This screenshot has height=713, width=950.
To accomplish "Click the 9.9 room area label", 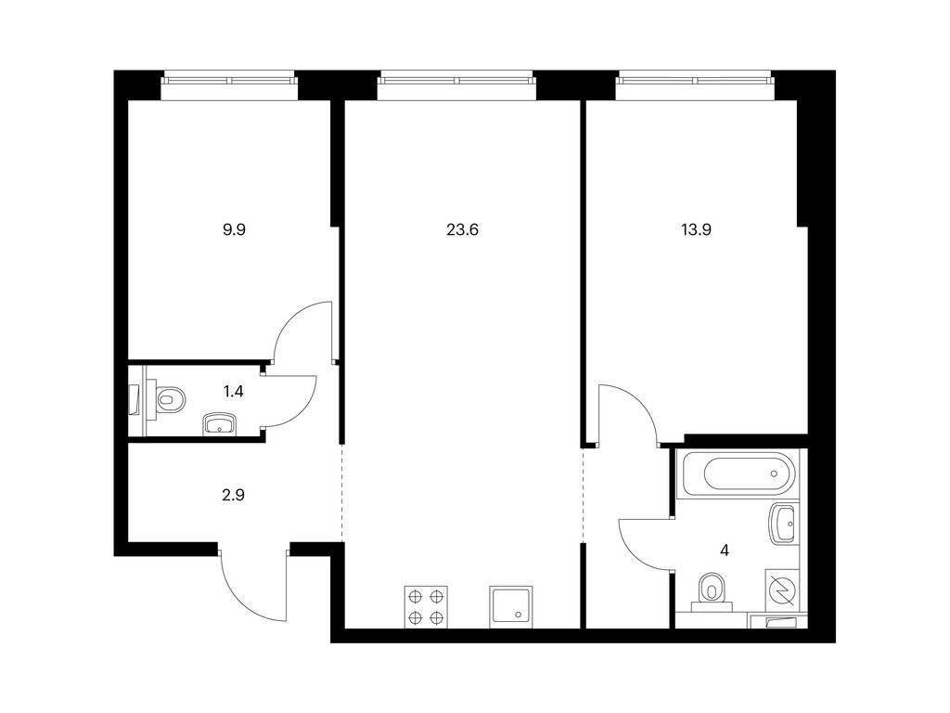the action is tap(234, 230).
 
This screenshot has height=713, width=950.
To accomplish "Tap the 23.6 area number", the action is tap(462, 230).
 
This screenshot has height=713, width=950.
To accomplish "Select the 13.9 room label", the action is tap(696, 230).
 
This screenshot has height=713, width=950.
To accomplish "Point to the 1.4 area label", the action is tap(233, 392).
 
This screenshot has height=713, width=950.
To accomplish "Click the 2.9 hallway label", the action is tap(233, 496).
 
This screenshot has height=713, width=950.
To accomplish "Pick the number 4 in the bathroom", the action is tap(724, 551).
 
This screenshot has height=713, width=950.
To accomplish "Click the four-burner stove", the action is tap(426, 607).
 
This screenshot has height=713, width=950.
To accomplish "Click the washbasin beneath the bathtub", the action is tap(782, 523).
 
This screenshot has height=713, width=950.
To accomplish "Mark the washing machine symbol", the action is tap(782, 588).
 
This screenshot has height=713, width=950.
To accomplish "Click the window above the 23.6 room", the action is tap(457, 80).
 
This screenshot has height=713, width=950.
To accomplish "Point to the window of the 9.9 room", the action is tap(230, 80).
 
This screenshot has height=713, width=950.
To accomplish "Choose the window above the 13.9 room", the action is tap(695, 80).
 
